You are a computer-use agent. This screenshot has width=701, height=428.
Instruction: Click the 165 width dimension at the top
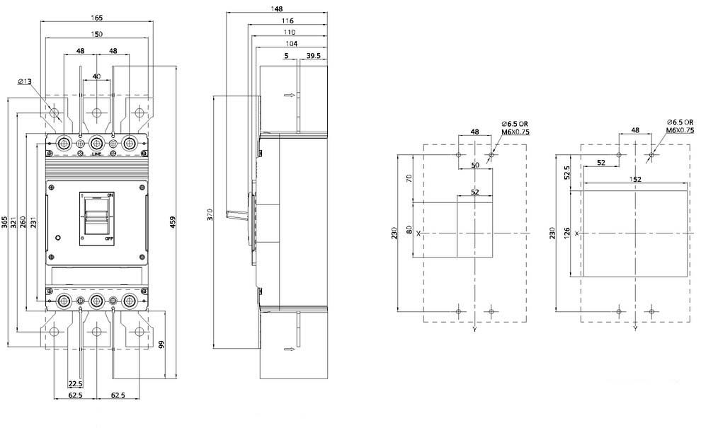[x=96, y=18]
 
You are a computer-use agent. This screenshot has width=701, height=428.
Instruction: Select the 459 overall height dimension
[x=173, y=223]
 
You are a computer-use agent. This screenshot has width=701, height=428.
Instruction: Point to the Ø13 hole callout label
[x=25, y=81]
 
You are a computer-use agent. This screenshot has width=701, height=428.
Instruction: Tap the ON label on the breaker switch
[x=110, y=195]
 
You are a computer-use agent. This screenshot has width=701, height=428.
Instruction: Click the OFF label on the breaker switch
[x=110, y=239]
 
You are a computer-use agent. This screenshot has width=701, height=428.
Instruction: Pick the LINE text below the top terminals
[x=96, y=154]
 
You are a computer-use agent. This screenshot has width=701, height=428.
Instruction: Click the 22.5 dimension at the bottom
[x=76, y=383]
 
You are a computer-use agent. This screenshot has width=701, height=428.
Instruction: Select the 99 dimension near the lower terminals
[x=161, y=345]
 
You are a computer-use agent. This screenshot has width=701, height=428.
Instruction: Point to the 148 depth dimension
[x=277, y=9]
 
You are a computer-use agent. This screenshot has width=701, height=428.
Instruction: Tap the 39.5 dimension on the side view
[x=314, y=56]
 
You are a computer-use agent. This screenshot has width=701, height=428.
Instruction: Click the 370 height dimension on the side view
[x=210, y=214]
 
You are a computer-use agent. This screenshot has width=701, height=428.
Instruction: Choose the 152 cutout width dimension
[x=635, y=179]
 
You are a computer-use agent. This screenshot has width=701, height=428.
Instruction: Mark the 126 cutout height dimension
[x=567, y=233]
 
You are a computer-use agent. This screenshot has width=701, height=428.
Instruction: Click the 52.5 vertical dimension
[x=567, y=173]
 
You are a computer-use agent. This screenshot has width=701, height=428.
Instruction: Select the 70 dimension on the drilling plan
[x=409, y=178]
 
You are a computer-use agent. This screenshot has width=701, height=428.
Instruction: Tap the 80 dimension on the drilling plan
[x=409, y=230]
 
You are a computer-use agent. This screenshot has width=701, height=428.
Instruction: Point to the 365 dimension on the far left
[x=4, y=222]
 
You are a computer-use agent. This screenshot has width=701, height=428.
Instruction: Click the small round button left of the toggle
[x=57, y=237]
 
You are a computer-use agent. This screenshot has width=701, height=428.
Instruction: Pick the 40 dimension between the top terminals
[x=96, y=76]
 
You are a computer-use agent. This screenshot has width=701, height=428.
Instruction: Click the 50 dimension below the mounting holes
[x=475, y=165]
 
